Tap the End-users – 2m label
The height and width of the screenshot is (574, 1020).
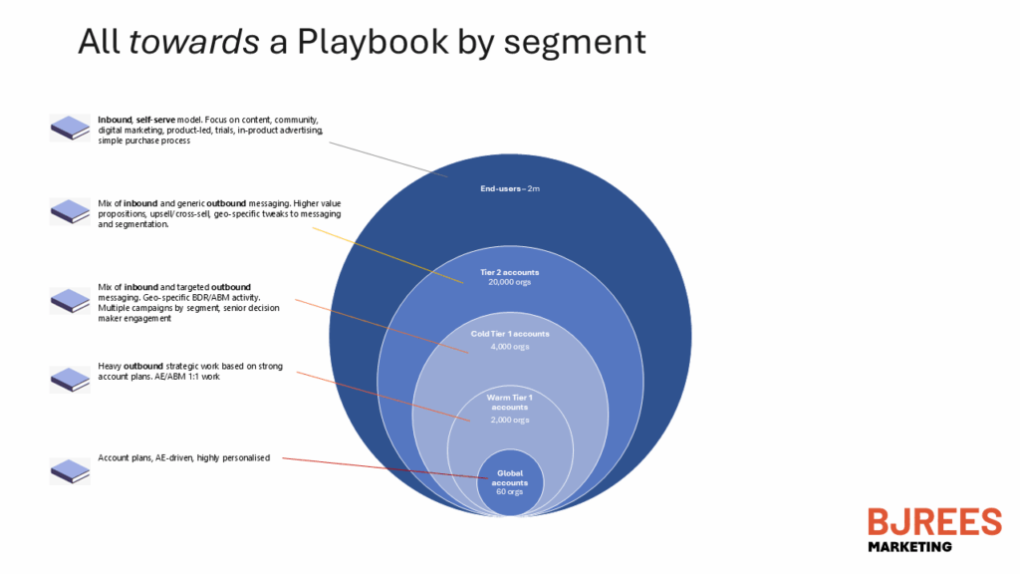(x=510, y=186)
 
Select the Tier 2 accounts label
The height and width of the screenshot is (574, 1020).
(x=510, y=271)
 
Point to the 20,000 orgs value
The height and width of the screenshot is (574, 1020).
(x=510, y=282)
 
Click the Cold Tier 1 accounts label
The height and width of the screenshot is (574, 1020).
(x=510, y=333)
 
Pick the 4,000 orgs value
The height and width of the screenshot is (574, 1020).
(x=510, y=347)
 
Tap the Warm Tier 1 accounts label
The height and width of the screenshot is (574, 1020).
(x=510, y=402)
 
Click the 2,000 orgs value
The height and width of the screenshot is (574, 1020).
(x=510, y=420)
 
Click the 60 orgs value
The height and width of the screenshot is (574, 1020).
(x=510, y=491)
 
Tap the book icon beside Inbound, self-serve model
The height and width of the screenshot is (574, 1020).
(x=70, y=128)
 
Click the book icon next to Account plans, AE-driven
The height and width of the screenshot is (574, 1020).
(x=70, y=470)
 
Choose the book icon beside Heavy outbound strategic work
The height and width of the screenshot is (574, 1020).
(x=70, y=380)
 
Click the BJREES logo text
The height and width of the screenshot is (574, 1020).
(x=933, y=522)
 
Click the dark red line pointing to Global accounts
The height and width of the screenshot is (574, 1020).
(x=379, y=466)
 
